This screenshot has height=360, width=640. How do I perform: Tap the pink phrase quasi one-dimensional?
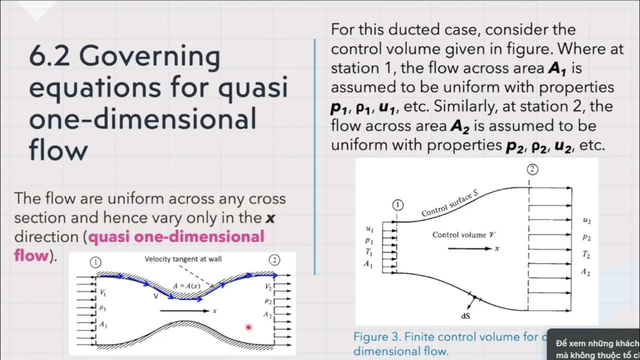pyautogui.click(x=176, y=236)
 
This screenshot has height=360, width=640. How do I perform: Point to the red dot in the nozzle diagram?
pyautogui.click(x=248, y=327)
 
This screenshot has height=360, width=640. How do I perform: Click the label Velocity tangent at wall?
pyautogui.click(x=183, y=259)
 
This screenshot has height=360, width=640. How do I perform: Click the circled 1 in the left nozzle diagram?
pyautogui.click(x=96, y=261)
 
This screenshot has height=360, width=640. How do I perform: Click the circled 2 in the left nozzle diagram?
pyautogui.click(x=274, y=260)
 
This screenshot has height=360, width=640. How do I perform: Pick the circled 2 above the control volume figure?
pyautogui.click(x=532, y=170)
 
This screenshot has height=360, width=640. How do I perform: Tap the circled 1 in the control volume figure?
pyautogui.click(x=398, y=205)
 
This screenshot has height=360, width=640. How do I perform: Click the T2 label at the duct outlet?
pyautogui.click(x=586, y=255)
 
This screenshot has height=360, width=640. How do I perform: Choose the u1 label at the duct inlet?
pyautogui.click(x=369, y=229)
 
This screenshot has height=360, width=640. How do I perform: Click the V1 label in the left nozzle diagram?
pyautogui.click(x=103, y=292)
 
